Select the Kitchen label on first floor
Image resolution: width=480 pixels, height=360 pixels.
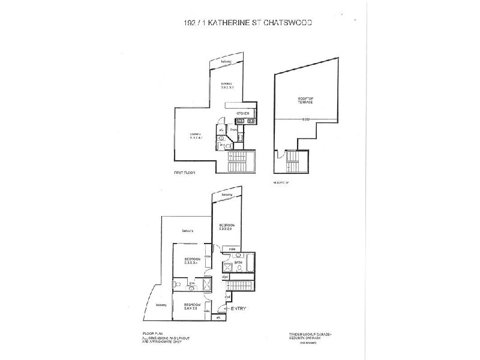tap(242, 113)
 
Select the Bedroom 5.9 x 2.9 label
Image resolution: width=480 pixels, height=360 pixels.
tap(226, 226)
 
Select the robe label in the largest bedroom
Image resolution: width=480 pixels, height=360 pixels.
tap(232, 247)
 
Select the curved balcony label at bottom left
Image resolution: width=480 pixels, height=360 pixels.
tap(161, 305)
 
